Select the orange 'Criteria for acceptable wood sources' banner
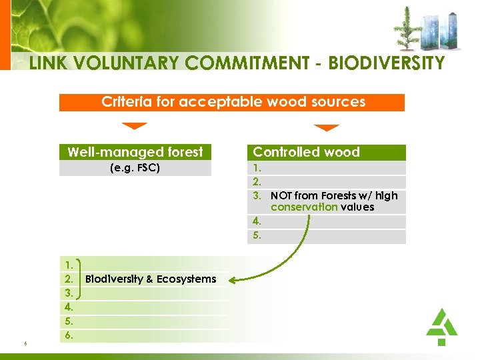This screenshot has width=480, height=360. pyautogui.click(x=232, y=102)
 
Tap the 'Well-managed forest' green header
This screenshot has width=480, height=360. pyautogui.click(x=135, y=152)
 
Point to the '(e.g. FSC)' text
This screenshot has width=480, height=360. pyautogui.click(x=135, y=168)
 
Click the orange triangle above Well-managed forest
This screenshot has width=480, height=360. pyautogui.click(x=135, y=126)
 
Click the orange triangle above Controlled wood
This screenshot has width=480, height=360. pyautogui.click(x=327, y=127)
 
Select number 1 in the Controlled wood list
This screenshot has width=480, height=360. pyautogui.click(x=257, y=168)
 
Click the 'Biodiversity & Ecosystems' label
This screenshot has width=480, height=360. pyautogui.click(x=151, y=279)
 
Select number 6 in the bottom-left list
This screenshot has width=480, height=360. pyautogui.click(x=69, y=336)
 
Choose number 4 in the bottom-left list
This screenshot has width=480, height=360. pyautogui.click(x=69, y=307)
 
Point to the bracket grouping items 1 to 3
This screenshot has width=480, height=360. pyautogui.click(x=80, y=279)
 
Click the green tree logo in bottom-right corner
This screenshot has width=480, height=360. pyautogui.click(x=441, y=327)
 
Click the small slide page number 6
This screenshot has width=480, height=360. pyautogui.click(x=24, y=343)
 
